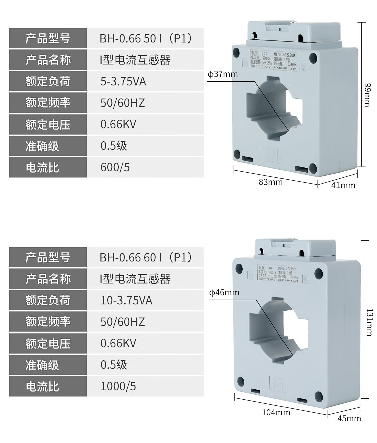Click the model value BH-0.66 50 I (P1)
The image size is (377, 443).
tap(146, 39)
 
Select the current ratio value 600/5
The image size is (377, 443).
tap(115, 167)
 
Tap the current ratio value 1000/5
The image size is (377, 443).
tap(119, 386)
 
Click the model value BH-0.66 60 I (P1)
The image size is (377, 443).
tap(146, 258)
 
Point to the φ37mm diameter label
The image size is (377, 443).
tap(223, 74)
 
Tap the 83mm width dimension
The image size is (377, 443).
tap(270, 181)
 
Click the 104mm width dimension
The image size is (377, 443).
tap(276, 412)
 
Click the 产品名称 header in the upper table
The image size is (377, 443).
tap(48, 60)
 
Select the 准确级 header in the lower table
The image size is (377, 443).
tap(42, 365)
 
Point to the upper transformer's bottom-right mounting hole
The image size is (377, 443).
tap(313, 168)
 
